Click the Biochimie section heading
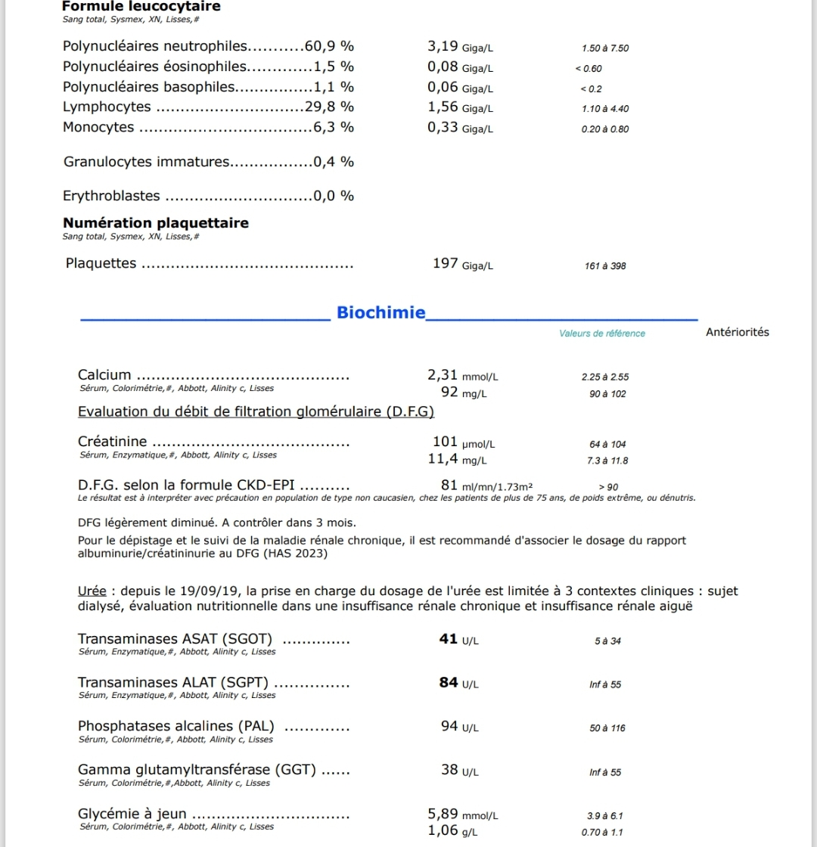[x=381, y=312]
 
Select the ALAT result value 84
[x=449, y=683]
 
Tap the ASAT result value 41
[x=449, y=639]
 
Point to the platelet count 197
[x=445, y=263]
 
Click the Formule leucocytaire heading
[x=141, y=7]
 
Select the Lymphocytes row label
[x=107, y=107]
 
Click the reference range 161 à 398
[x=605, y=266]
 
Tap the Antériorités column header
[x=737, y=332]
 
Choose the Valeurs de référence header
[x=602, y=334]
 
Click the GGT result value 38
[x=449, y=770]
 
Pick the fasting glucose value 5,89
[x=443, y=814]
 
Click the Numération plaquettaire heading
[x=156, y=223]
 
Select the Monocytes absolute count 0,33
[x=443, y=127]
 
